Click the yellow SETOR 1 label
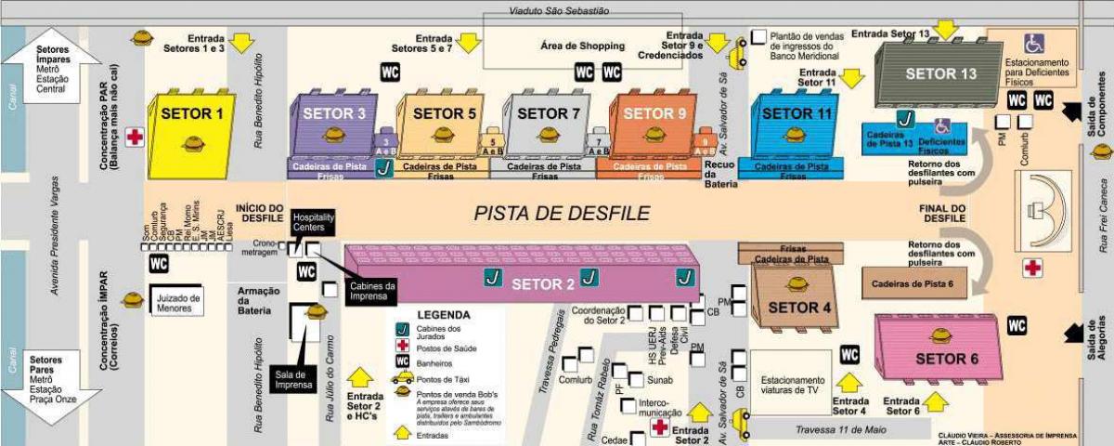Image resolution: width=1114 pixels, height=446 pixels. pos(192,114)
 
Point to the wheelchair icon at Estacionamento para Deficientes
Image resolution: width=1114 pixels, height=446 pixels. pos(1033,44)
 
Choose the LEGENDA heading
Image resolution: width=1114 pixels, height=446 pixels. pos(444,314)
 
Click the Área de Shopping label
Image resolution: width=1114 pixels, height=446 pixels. pos(582,45)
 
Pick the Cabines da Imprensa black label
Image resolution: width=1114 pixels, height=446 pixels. pos(372,290)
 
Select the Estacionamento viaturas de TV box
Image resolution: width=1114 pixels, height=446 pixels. pos(792,385)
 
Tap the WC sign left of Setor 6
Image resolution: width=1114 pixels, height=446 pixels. pos(1017,325)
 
